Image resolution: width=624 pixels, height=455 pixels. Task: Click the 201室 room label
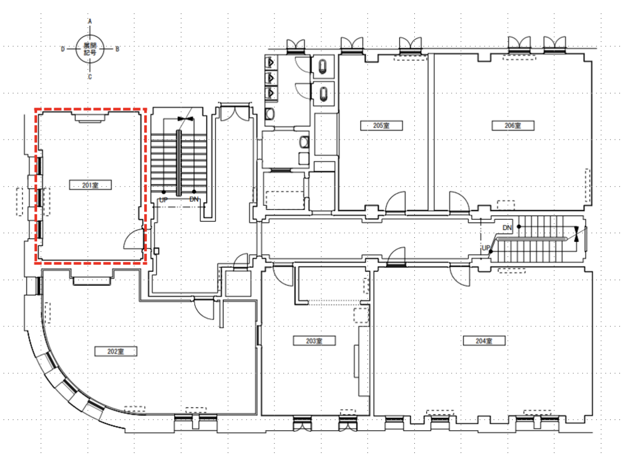coord(90,185)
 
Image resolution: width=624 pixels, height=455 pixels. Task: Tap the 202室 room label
coord(116,351)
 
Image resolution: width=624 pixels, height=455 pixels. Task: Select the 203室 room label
coord(314,341)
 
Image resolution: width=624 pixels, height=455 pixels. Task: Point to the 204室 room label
coord(484,341)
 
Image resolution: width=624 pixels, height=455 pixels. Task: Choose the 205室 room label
coord(381,126)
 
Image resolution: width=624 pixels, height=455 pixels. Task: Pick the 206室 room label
coord(513,126)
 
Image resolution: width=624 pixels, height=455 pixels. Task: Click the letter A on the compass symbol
coord(90,21)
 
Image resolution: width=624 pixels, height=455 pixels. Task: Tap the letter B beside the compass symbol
coord(117,49)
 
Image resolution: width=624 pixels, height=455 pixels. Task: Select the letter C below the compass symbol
coord(90,77)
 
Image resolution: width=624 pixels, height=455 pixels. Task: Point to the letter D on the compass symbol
coord(63,49)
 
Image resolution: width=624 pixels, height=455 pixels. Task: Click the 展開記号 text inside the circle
coord(90,49)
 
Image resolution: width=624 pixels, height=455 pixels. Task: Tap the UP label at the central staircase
coord(164,200)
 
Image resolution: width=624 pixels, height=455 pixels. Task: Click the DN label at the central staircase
coord(194,199)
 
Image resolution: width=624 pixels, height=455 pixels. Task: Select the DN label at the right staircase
coord(507,228)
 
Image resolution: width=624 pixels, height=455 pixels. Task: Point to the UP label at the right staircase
coord(486,248)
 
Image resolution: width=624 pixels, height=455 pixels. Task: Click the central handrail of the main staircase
coord(179,163)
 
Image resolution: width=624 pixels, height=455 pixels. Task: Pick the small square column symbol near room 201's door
coord(157,251)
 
